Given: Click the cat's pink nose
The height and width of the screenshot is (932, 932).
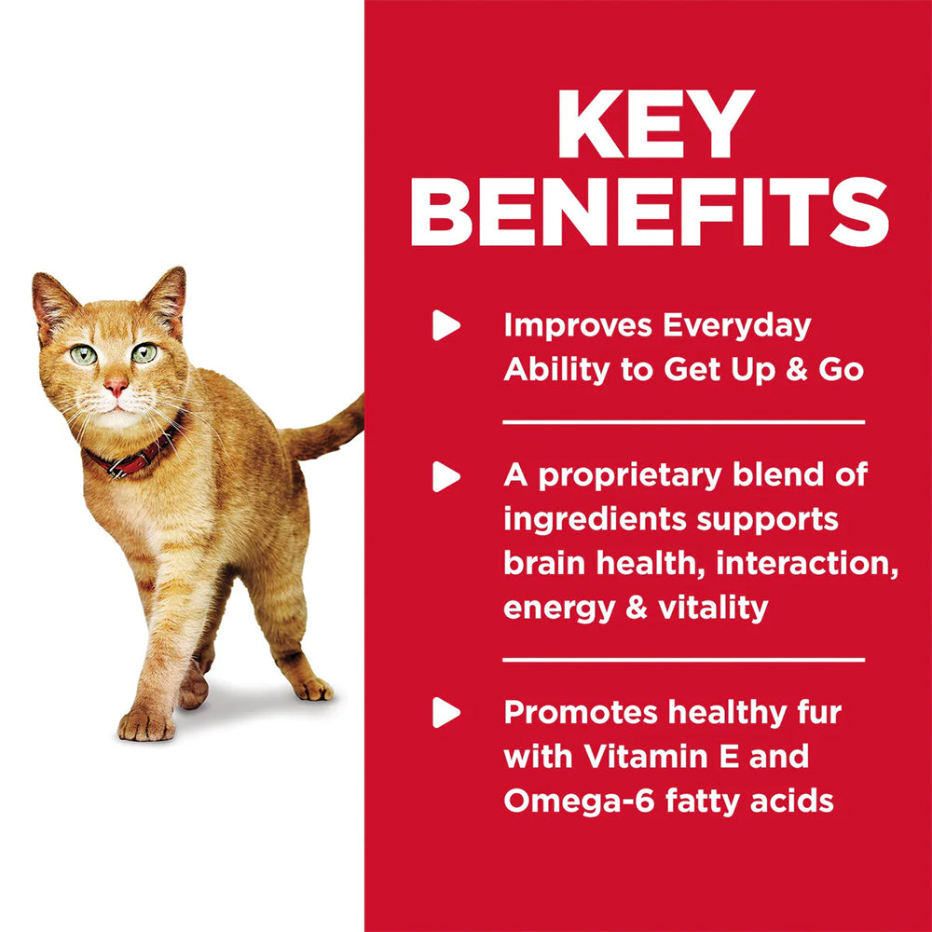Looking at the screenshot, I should click(x=116, y=386).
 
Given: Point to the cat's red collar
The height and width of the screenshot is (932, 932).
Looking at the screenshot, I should click(x=135, y=456).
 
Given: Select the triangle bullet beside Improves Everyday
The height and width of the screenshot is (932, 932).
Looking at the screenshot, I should click(x=446, y=325).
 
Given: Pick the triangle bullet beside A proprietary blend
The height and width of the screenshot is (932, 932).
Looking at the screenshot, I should click(x=446, y=477).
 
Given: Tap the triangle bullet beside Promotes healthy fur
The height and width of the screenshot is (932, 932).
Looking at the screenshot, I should click(x=446, y=714).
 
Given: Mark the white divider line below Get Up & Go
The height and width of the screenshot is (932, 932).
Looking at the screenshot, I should click(x=683, y=422).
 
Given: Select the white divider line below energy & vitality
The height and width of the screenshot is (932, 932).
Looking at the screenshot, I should click(x=683, y=659).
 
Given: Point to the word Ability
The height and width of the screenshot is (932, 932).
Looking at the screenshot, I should click(x=551, y=370).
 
